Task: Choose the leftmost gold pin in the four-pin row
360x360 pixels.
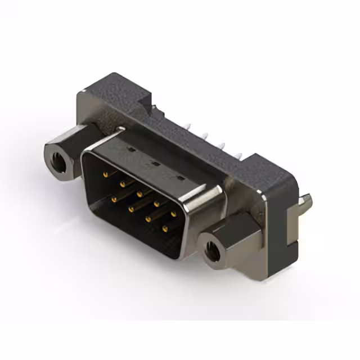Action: coord(114,199)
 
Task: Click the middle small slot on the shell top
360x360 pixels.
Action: coord(154,165)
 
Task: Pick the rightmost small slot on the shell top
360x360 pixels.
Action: coord(180,179)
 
